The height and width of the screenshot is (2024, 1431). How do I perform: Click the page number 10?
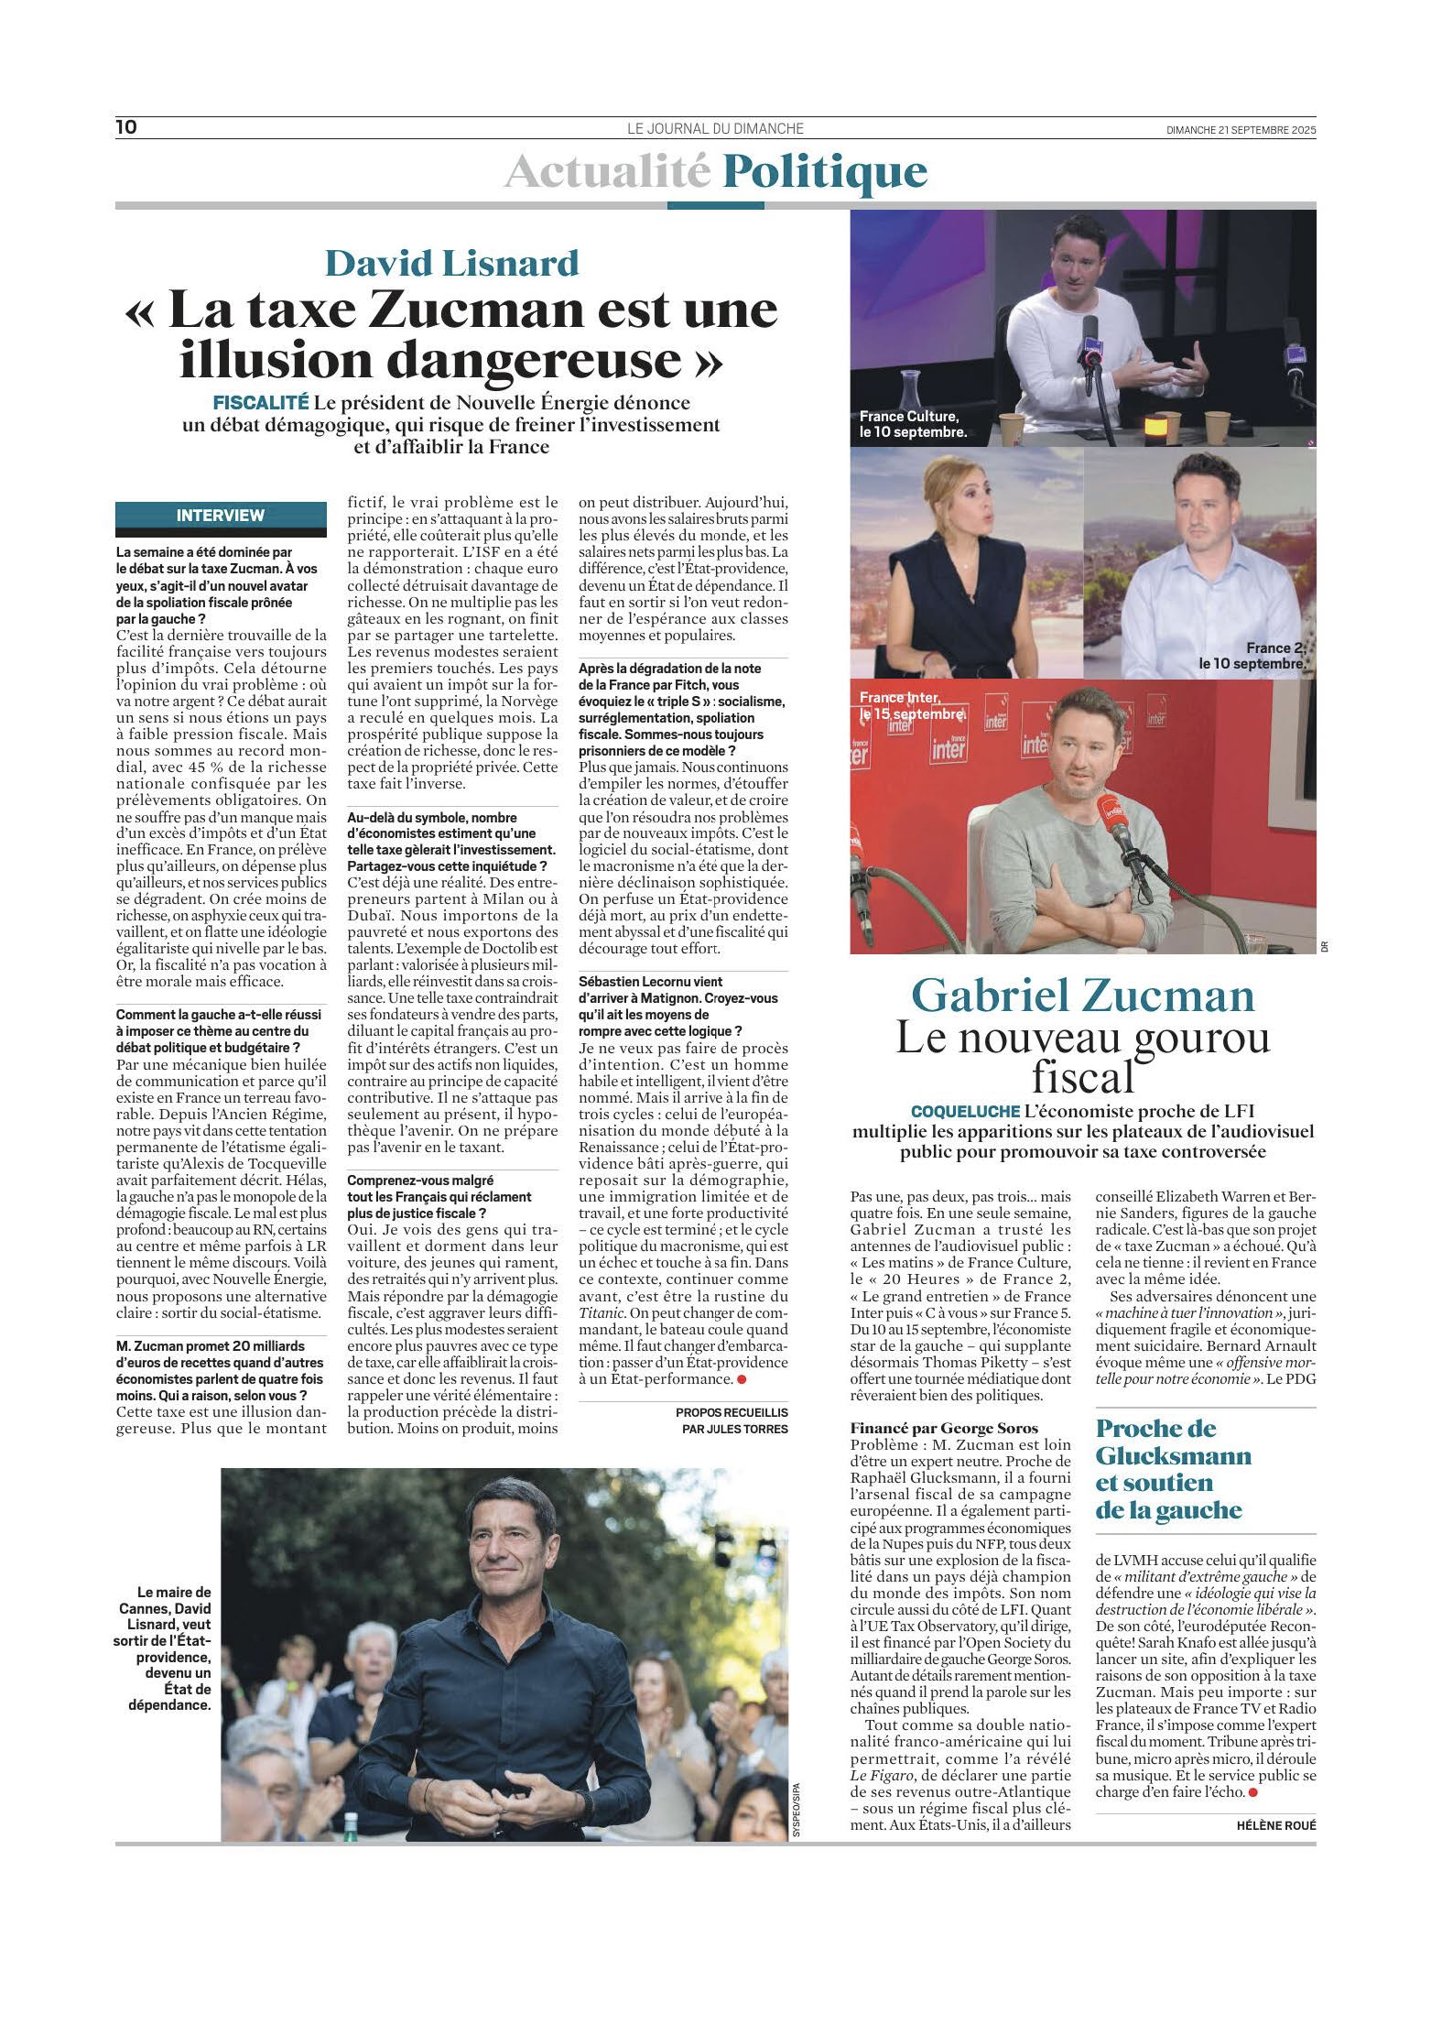click(126, 127)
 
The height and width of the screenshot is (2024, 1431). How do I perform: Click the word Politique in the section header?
click(824, 172)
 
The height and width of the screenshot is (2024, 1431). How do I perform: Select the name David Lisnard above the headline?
click(452, 264)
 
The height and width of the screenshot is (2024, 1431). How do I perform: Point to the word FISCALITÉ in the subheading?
click(261, 403)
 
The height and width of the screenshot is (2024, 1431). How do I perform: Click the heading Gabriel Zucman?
click(1083, 996)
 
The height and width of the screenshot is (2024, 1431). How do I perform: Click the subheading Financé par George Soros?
click(944, 1428)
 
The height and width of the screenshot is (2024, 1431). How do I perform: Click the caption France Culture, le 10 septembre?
click(913, 424)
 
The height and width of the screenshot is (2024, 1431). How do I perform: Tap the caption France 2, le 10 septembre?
click(1252, 656)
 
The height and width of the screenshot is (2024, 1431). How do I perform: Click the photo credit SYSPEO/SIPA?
click(797, 1810)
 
